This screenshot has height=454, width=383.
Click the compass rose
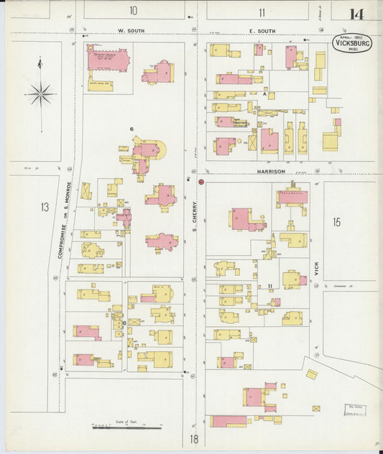tap(41, 93)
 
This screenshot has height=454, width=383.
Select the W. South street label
tap(131, 31)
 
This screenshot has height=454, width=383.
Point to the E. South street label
tap(261, 31)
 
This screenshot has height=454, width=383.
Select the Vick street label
tap(315, 269)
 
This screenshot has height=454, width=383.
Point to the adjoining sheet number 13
tap(45, 208)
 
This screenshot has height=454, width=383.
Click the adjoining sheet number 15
tap(336, 222)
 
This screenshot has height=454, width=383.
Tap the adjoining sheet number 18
tap(194, 438)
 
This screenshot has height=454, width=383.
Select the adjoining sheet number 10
tap(133, 11)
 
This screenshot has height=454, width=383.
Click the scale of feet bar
tap(126, 427)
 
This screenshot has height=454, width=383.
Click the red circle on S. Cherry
tap(201, 182)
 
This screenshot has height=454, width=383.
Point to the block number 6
tap(132, 129)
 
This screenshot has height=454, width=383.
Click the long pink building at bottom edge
tap(228, 421)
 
